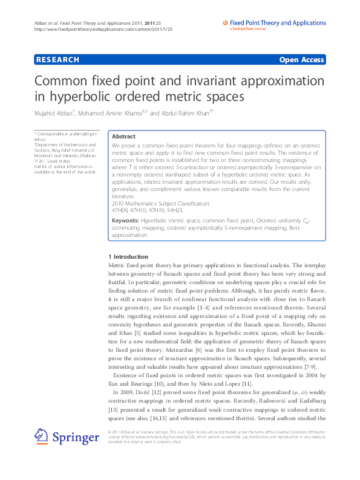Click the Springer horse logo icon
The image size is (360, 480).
coord(41,436)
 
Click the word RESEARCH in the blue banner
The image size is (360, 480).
coord(57,59)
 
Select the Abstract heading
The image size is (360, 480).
coord(123,137)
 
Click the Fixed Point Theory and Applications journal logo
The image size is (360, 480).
coord(275,24)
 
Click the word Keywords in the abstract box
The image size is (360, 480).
coord(126,221)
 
